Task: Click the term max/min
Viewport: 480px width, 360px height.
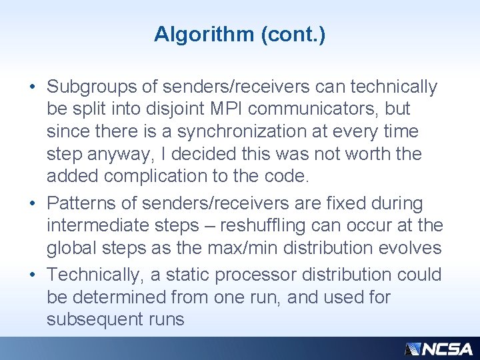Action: tap(253, 247)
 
